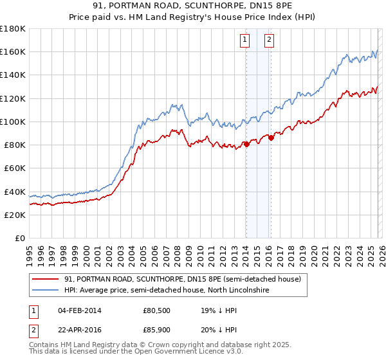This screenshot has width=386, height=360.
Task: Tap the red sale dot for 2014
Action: coord(246,144)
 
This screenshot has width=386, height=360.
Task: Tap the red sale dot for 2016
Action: coord(271,137)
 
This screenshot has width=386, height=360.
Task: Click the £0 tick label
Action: coord(19,238)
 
